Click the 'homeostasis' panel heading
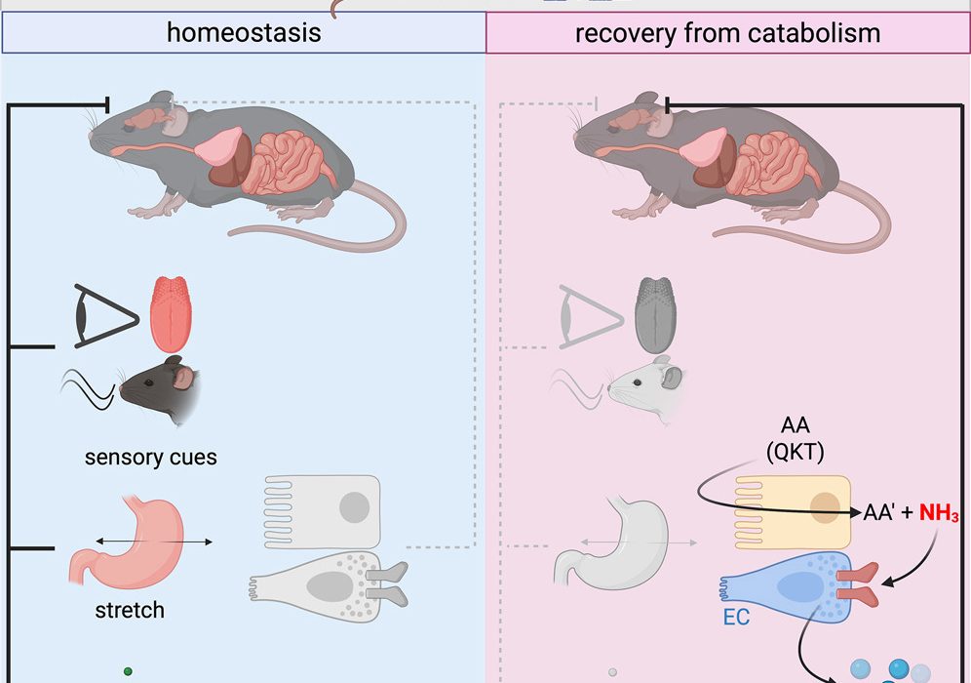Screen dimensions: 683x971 pyautogui.click(x=244, y=33)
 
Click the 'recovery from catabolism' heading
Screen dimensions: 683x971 pyautogui.click(x=727, y=33)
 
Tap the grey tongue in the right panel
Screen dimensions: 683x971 pyautogui.click(x=657, y=313)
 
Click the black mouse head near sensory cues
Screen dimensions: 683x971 pyautogui.click(x=161, y=389)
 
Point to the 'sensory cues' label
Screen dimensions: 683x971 pyautogui.click(x=150, y=458)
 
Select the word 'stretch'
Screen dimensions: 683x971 pyautogui.click(x=130, y=612)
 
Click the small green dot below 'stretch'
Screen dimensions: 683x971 pyautogui.click(x=128, y=671)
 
